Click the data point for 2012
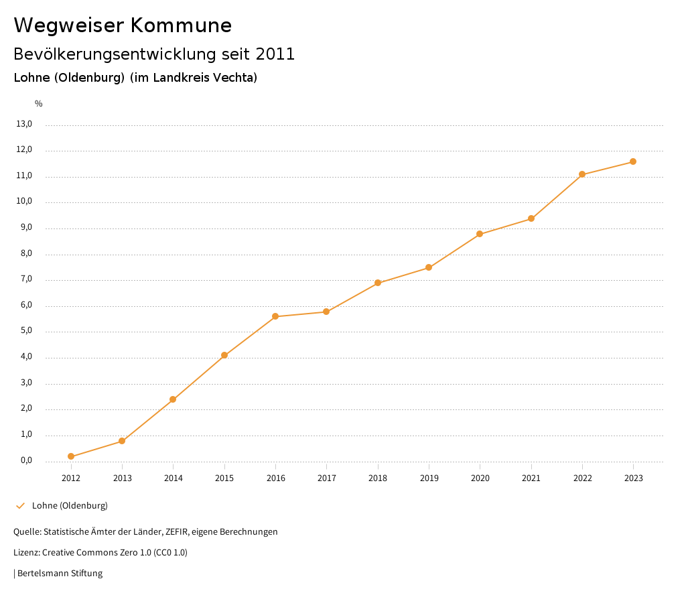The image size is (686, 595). coord(71,456)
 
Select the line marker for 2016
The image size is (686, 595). coord(275,316)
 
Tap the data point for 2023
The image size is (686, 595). coord(633,161)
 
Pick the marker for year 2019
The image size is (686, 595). coord(429,267)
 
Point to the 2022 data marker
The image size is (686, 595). coord(582,174)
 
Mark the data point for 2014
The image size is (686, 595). coord(173,399)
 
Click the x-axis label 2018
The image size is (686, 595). coord(378,478)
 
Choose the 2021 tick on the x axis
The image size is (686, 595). coord(531,478)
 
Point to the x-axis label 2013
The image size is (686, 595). coord(122,478)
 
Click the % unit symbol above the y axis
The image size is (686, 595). coord(39,103)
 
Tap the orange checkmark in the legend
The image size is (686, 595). coord(20,505)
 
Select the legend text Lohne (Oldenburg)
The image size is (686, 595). coord(70,505)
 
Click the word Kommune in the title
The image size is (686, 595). coord(181,25)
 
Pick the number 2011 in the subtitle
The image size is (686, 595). coord(275,54)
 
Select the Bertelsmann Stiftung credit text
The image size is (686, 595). coord(60,574)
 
